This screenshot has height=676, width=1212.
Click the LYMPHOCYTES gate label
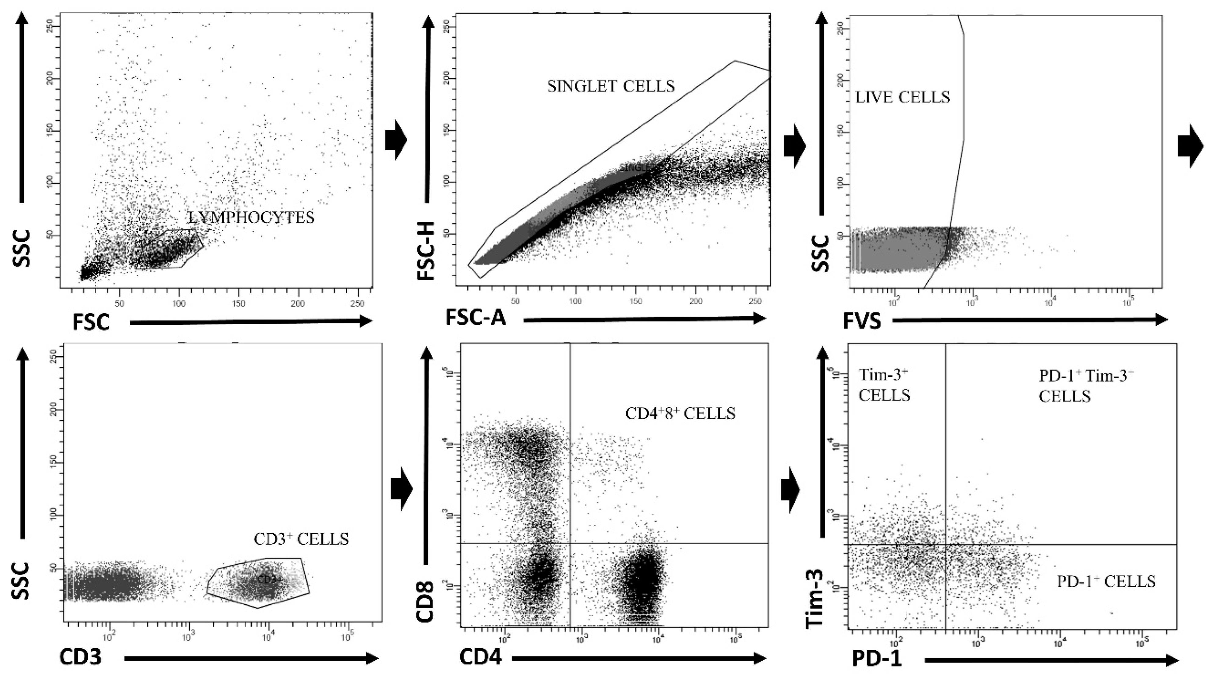coord(251,217)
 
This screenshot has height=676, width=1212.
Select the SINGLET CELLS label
coord(611,86)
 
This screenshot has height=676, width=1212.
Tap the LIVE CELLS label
coord(903,97)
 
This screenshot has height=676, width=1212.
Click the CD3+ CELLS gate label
coord(301,539)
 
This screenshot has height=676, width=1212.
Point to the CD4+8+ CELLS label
coord(680,413)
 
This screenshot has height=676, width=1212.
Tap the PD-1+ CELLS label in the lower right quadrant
coord(1106,581)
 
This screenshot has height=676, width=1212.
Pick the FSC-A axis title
coord(475,318)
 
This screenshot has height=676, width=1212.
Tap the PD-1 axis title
coord(877,660)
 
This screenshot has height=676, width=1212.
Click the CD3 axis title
coord(80,657)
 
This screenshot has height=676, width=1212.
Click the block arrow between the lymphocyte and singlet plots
coord(395,140)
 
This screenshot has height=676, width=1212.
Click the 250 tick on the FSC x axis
coord(358,304)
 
